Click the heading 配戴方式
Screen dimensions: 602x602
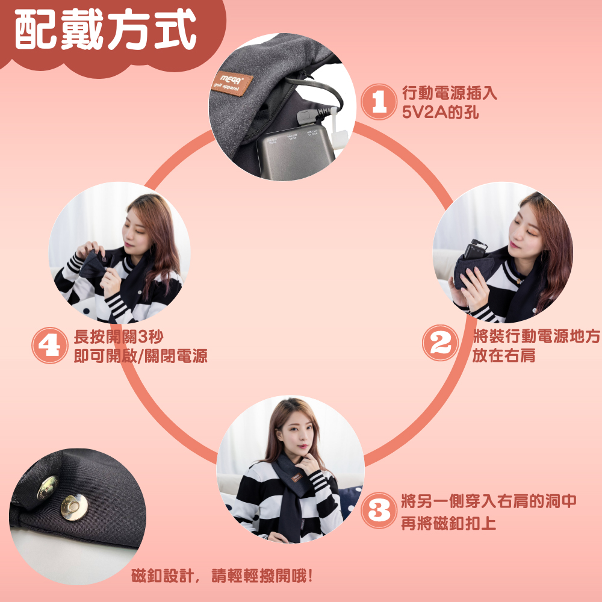(x=106, y=30)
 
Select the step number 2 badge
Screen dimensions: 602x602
(x=440, y=343)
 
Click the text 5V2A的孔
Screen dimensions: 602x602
(x=440, y=112)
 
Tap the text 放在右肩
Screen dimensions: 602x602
(x=503, y=356)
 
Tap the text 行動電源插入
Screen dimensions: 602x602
(x=449, y=93)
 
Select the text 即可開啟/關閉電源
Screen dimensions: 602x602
(x=140, y=356)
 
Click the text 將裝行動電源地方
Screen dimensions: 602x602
(x=536, y=337)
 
